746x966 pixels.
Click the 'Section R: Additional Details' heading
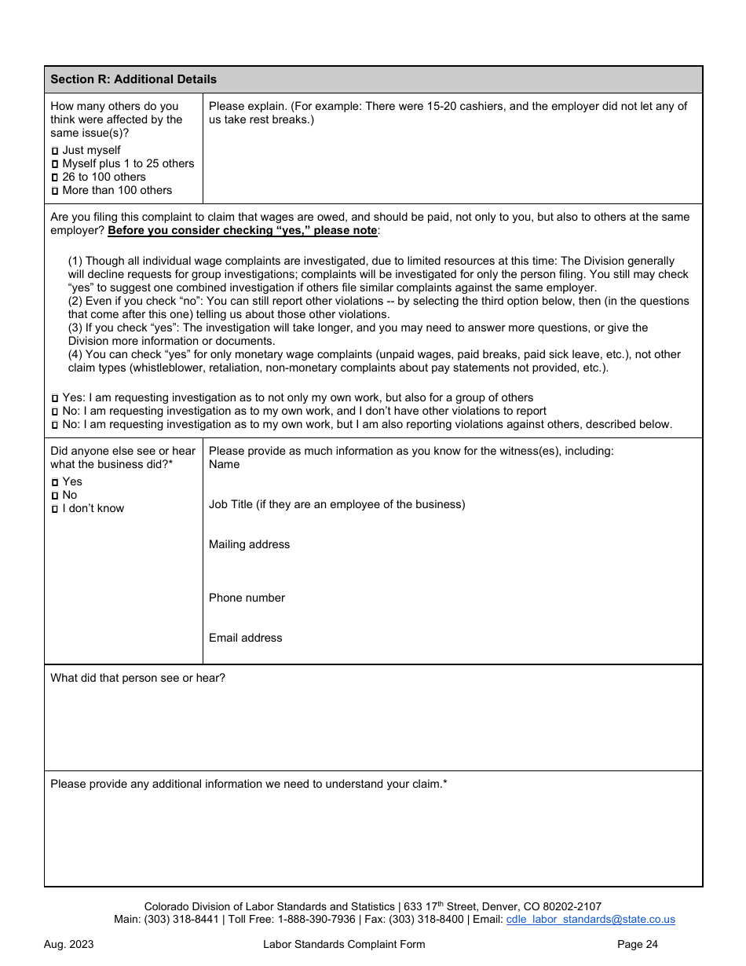133,79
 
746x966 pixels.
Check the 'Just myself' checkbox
55,151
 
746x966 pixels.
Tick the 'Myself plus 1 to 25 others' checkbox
55,164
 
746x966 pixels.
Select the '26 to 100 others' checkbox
55,177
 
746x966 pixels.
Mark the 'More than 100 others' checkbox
55,191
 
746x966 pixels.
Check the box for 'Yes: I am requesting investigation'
55,398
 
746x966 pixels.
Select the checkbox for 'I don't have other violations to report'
55,412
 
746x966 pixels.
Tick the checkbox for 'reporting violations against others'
55,425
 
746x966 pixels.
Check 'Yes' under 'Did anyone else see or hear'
55,482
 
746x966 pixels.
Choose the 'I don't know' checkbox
55,509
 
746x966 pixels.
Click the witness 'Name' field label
225,464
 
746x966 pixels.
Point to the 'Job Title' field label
337,504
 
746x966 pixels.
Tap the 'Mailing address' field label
249,544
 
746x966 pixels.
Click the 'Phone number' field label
247,598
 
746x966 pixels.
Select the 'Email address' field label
245,638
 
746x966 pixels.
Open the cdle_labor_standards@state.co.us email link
591,920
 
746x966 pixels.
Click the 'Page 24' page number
637,944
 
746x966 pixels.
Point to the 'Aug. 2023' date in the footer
68,944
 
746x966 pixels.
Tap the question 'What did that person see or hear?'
137,678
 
